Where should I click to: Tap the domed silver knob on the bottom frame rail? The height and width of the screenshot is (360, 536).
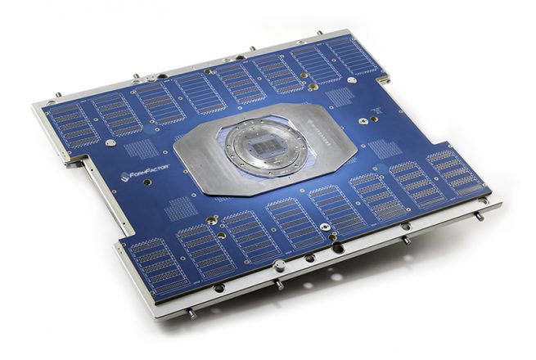(x=280, y=264)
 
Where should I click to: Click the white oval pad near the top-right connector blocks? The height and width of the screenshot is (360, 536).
(x=352, y=80)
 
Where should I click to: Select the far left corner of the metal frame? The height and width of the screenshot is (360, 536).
(x=34, y=106)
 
